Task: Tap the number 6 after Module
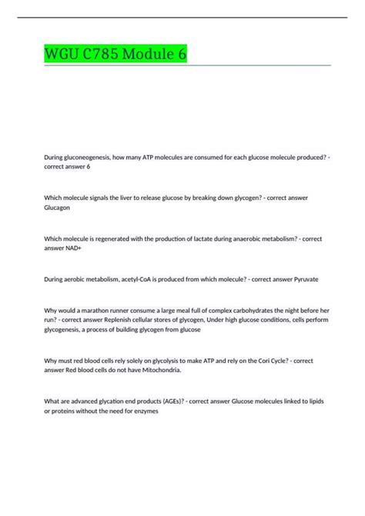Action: (181, 55)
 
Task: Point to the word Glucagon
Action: (59, 208)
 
